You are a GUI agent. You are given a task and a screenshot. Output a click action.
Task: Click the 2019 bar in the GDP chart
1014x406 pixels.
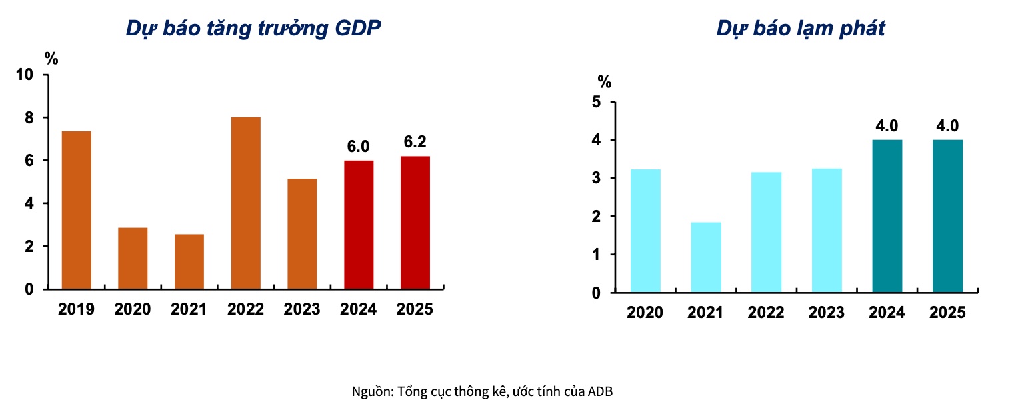click(76, 210)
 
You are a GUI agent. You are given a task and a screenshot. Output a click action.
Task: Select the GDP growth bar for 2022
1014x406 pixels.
click(245, 203)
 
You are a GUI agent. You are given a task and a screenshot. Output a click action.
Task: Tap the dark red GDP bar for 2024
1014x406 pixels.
click(359, 225)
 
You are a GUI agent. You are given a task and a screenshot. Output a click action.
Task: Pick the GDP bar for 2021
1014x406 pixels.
click(189, 261)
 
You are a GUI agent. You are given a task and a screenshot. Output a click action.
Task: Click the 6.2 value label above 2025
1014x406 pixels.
click(415, 142)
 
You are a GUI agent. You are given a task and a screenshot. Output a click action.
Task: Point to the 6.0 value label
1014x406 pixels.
click(359, 147)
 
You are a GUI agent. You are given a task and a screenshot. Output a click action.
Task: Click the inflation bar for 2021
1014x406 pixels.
click(705, 257)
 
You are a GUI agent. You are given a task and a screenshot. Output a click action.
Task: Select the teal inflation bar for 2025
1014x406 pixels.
click(947, 216)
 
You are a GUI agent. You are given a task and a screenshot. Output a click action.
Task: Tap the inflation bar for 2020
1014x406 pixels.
click(645, 231)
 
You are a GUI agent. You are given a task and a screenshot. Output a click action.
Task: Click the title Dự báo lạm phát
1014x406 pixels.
click(801, 29)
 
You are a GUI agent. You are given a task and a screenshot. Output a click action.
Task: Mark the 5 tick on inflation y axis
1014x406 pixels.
click(595, 102)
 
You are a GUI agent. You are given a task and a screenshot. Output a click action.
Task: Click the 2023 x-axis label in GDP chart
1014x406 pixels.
click(302, 310)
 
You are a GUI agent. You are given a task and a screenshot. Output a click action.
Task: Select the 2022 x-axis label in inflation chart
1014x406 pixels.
click(766, 313)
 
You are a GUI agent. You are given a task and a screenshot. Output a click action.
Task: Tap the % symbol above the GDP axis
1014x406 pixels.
click(51, 59)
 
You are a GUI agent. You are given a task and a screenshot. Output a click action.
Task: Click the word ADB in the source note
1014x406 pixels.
click(600, 391)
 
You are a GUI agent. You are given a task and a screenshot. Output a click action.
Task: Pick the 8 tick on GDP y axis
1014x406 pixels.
click(29, 117)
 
